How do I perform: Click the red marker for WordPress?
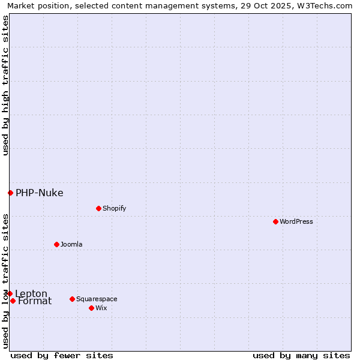(275, 221)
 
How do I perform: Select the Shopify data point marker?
(98, 208)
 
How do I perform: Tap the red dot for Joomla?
(56, 244)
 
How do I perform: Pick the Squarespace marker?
(72, 299)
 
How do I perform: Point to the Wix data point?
(91, 308)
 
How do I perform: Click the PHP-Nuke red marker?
(10, 193)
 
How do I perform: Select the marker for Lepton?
(10, 293)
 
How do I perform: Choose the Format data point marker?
(13, 301)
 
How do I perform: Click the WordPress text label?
(296, 221)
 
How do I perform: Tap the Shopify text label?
(114, 208)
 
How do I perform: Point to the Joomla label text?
(71, 244)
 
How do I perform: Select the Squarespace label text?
(97, 299)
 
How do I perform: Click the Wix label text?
(101, 308)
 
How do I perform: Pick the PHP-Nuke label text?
(39, 193)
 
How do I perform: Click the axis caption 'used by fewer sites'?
(62, 355)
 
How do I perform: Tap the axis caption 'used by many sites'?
(301, 355)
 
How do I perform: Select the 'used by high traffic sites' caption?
(5, 86)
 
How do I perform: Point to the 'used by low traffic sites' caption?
(5, 281)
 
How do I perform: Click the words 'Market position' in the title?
(35, 5)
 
